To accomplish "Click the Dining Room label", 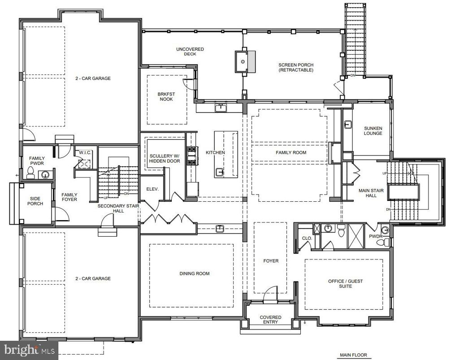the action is [195, 273].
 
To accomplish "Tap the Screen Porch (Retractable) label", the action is [296, 67].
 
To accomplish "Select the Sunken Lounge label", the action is [373, 130].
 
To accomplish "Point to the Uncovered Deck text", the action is [190, 52].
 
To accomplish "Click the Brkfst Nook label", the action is [166, 96].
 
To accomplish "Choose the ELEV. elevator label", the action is [152, 189].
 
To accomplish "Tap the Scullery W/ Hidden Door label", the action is [165, 158].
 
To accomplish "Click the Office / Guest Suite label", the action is [346, 284].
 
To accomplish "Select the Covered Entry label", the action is [270, 320].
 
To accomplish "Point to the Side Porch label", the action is [35, 201].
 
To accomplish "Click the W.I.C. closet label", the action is [85, 153].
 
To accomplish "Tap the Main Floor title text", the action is [353, 355].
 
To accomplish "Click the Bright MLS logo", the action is [29, 350].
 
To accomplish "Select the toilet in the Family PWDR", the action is [30, 173].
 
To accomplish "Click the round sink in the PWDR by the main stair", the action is [385, 230].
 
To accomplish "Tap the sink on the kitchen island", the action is [219, 173].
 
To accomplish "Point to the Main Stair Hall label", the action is [371, 193].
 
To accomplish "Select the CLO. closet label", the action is [307, 238].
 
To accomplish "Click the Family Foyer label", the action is [69, 197].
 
